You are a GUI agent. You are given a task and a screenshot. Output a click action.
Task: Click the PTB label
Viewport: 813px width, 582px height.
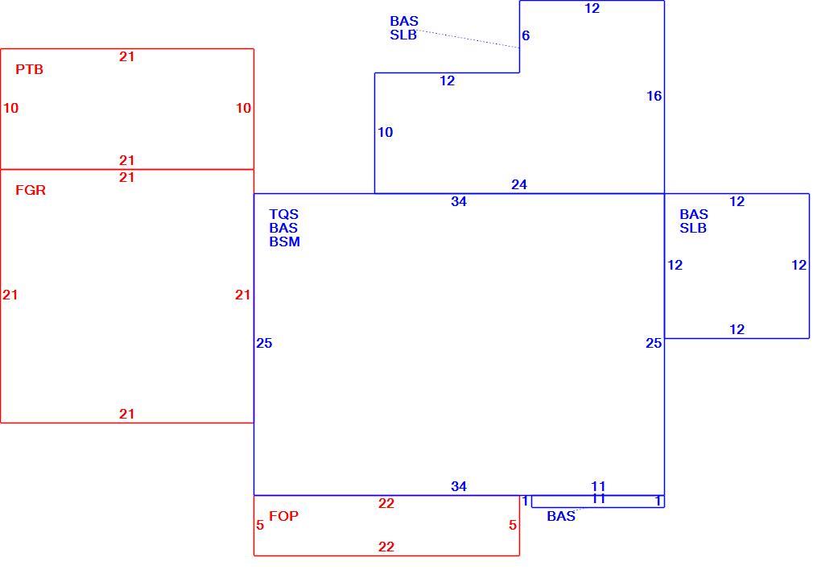[29, 69]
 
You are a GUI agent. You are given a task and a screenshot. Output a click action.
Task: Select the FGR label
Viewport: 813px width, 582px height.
[31, 190]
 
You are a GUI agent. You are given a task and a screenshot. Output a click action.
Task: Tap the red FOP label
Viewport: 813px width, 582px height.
[283, 516]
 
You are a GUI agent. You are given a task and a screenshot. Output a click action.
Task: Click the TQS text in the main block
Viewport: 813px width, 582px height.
[283, 214]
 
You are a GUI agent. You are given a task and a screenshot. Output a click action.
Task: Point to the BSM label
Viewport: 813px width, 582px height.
[285, 241]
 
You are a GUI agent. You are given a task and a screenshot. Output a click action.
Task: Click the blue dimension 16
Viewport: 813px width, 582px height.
[654, 96]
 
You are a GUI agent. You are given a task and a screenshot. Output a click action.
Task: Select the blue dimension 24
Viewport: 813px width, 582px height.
[519, 184]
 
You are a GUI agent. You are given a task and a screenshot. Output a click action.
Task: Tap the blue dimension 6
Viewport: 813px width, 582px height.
[526, 35]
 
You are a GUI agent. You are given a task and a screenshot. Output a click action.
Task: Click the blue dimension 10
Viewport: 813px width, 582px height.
[386, 132]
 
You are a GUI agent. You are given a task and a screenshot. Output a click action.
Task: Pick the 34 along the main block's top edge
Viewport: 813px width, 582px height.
[459, 202]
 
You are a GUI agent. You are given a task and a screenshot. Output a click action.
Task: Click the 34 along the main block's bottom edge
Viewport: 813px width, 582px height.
[459, 486]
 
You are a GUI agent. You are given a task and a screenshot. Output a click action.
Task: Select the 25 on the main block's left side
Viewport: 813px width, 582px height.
[264, 344]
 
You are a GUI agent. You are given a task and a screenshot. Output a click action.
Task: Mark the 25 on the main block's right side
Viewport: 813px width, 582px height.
[654, 344]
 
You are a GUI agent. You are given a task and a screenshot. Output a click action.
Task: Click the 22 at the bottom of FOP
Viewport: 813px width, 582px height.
[386, 547]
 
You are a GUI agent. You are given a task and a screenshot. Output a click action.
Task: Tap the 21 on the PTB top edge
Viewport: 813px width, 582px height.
[127, 56]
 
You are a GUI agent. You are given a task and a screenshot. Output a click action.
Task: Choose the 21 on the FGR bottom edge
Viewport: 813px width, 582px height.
[127, 414]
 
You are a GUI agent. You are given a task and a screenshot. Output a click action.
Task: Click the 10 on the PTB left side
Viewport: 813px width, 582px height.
[11, 109]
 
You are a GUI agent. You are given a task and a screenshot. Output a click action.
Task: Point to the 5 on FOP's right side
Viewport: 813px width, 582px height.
[513, 526]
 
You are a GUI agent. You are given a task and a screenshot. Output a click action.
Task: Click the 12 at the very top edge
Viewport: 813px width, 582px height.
[592, 8]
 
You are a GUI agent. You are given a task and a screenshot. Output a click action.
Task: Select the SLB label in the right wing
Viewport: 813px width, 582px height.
[693, 229]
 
